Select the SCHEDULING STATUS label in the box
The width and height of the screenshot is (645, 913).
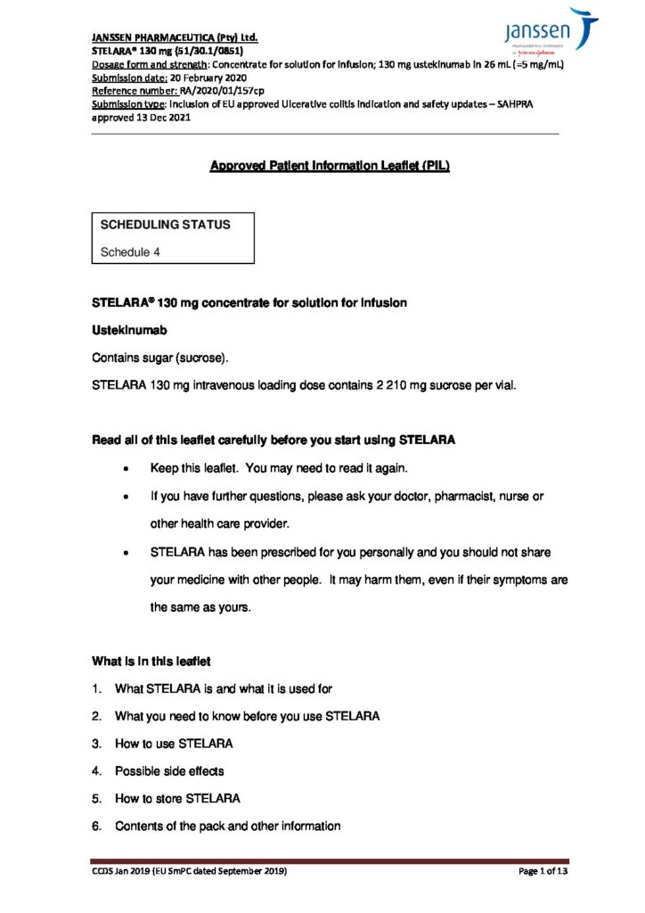tap(165, 225)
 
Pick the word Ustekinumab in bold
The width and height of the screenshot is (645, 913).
tap(130, 331)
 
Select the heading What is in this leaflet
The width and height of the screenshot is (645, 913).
tap(151, 662)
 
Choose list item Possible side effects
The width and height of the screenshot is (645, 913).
tap(169, 771)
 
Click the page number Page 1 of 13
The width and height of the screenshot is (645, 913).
tap(543, 871)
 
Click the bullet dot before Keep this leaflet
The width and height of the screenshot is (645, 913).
tap(131, 469)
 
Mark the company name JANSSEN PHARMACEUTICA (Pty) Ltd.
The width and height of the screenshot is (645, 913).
tap(175, 39)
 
